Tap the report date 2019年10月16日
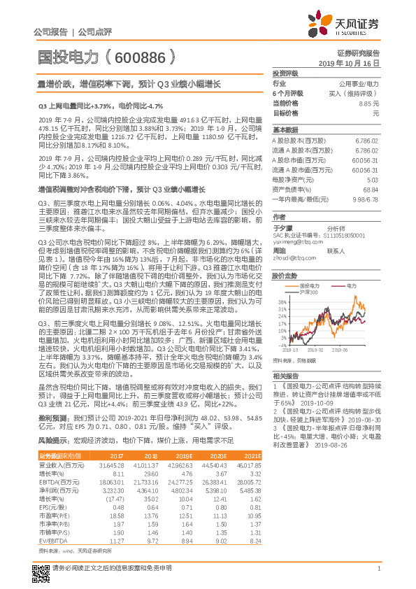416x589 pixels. pyautogui.click(x=353, y=63)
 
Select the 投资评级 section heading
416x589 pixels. pyautogui.click(x=285, y=73)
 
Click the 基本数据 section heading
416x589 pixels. pyautogui.click(x=285, y=130)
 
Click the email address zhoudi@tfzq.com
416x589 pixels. pyautogui.click(x=294, y=257)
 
